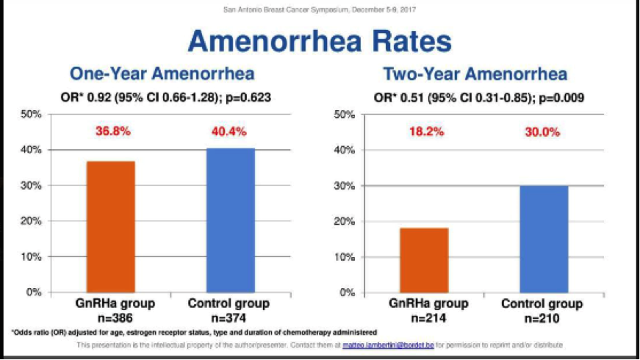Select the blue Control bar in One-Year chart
(230, 220)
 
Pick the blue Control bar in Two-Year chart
(544, 239)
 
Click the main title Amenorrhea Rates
(320, 40)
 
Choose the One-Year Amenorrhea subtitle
(162, 74)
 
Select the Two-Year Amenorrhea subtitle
(475, 74)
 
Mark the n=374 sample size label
(229, 318)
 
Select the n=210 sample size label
(543, 318)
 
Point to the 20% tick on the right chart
(345, 221)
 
